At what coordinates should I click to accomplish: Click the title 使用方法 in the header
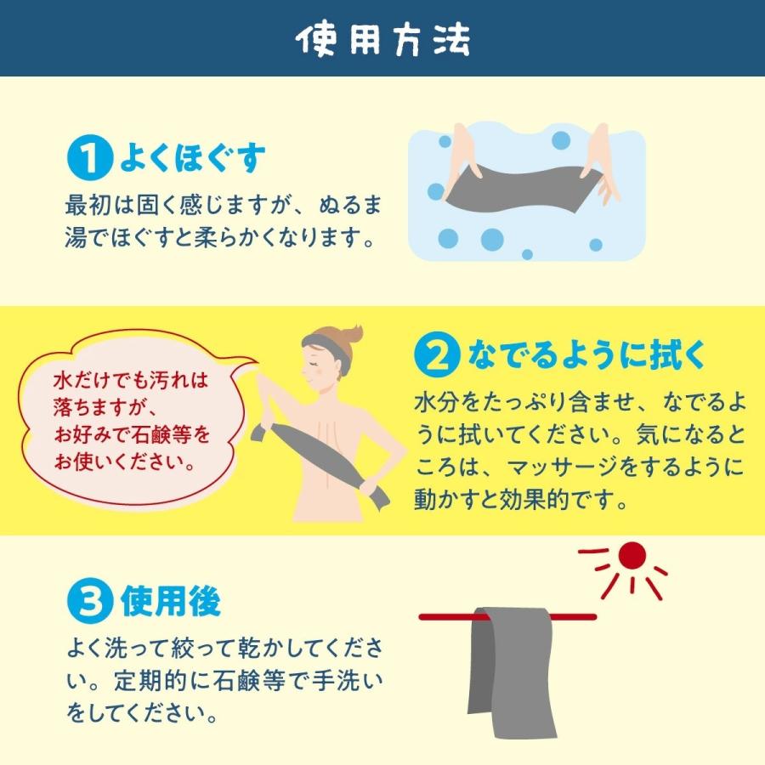click(x=382, y=39)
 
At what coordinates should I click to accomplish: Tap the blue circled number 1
click(x=88, y=159)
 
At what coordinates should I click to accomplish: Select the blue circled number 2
click(x=436, y=357)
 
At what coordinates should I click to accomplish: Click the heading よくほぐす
click(x=192, y=158)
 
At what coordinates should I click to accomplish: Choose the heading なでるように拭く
click(x=586, y=357)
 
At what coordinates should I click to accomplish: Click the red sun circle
click(x=632, y=556)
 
